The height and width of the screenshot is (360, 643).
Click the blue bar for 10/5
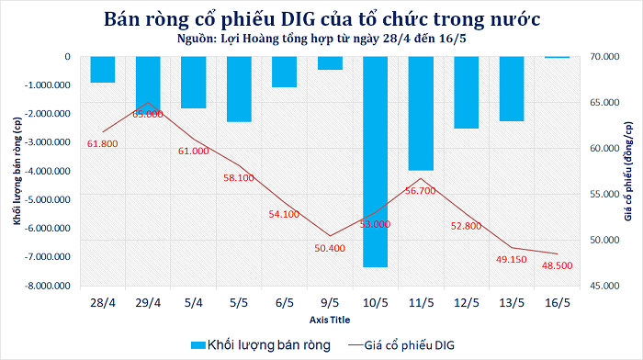tap(375, 162)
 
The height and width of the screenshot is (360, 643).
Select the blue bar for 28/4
tap(103, 69)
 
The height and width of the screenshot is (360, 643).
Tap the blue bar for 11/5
tap(421, 113)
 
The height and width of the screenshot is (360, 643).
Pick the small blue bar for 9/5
tap(330, 63)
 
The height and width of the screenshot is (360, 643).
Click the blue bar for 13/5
tap(512, 88)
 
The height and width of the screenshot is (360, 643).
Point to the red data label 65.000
tap(148, 115)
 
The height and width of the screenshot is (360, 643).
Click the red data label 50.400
tap(330, 249)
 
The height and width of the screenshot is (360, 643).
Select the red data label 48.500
tap(557, 265)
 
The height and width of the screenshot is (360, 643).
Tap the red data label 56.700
tap(421, 191)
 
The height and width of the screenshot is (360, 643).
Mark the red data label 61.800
tap(103, 144)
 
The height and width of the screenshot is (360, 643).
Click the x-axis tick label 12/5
tap(467, 303)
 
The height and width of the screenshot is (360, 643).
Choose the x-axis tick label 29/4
tap(148, 303)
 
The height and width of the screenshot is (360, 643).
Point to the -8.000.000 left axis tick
tap(48, 286)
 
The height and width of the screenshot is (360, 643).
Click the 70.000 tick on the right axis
tap(604, 57)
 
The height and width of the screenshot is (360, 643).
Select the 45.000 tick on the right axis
tap(604, 286)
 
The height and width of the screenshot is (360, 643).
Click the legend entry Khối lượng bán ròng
tap(261, 345)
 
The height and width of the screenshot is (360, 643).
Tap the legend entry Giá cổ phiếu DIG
tap(401, 345)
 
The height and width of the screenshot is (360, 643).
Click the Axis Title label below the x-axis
tap(330, 320)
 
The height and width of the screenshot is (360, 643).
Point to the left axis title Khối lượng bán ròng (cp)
tap(17, 171)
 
